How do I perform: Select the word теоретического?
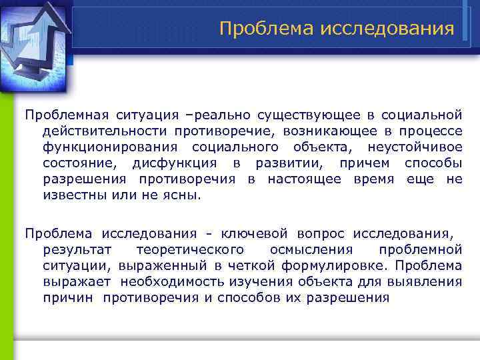click(x=189, y=249)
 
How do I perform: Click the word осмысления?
click(x=311, y=249)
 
